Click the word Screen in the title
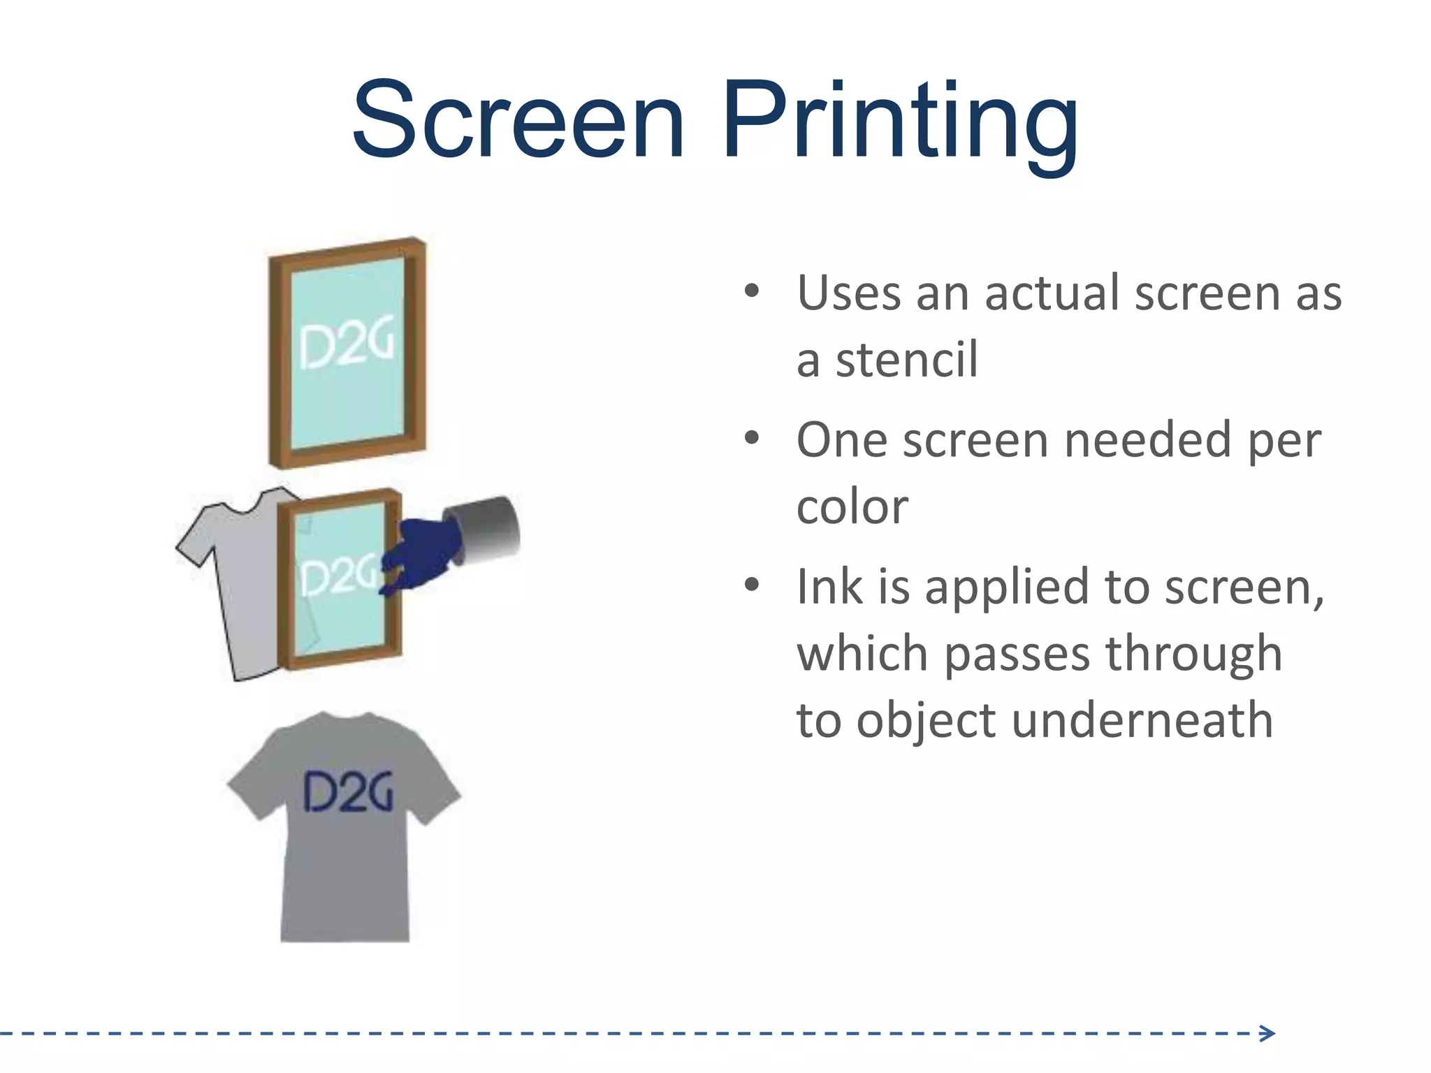click(518, 120)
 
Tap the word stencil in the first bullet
click(906, 360)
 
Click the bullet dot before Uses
click(751, 291)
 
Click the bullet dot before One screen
click(751, 438)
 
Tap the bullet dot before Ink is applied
click(751, 584)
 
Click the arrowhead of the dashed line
click(1267, 1033)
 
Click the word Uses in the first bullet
click(847, 293)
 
